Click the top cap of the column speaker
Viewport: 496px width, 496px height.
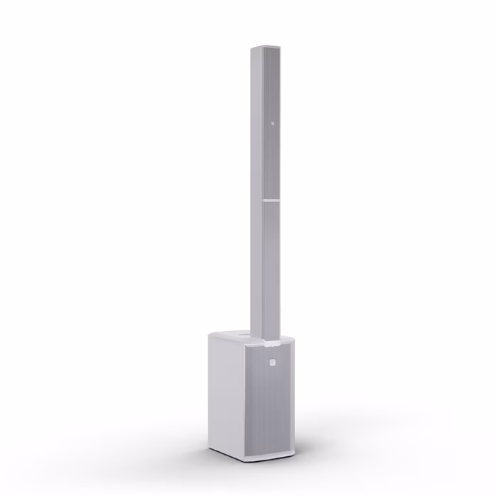pos(265,47)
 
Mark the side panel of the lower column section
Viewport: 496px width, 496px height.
pos(257,270)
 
